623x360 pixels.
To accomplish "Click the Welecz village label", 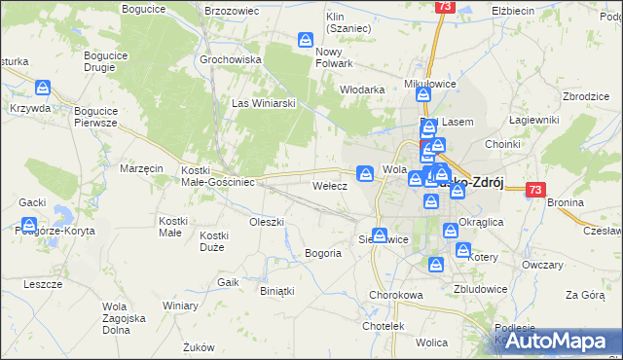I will click(x=329, y=185).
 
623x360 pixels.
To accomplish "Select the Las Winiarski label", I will click(x=255, y=102).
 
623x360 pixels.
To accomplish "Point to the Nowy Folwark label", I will click(x=334, y=57).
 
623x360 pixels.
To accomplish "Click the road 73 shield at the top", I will click(x=445, y=7).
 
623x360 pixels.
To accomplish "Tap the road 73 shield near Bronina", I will click(x=534, y=191).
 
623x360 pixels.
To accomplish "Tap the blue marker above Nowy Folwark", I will click(x=305, y=40).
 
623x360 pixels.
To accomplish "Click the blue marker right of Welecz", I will click(x=365, y=173).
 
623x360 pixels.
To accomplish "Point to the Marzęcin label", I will click(x=141, y=168).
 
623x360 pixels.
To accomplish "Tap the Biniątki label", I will click(x=277, y=290).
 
